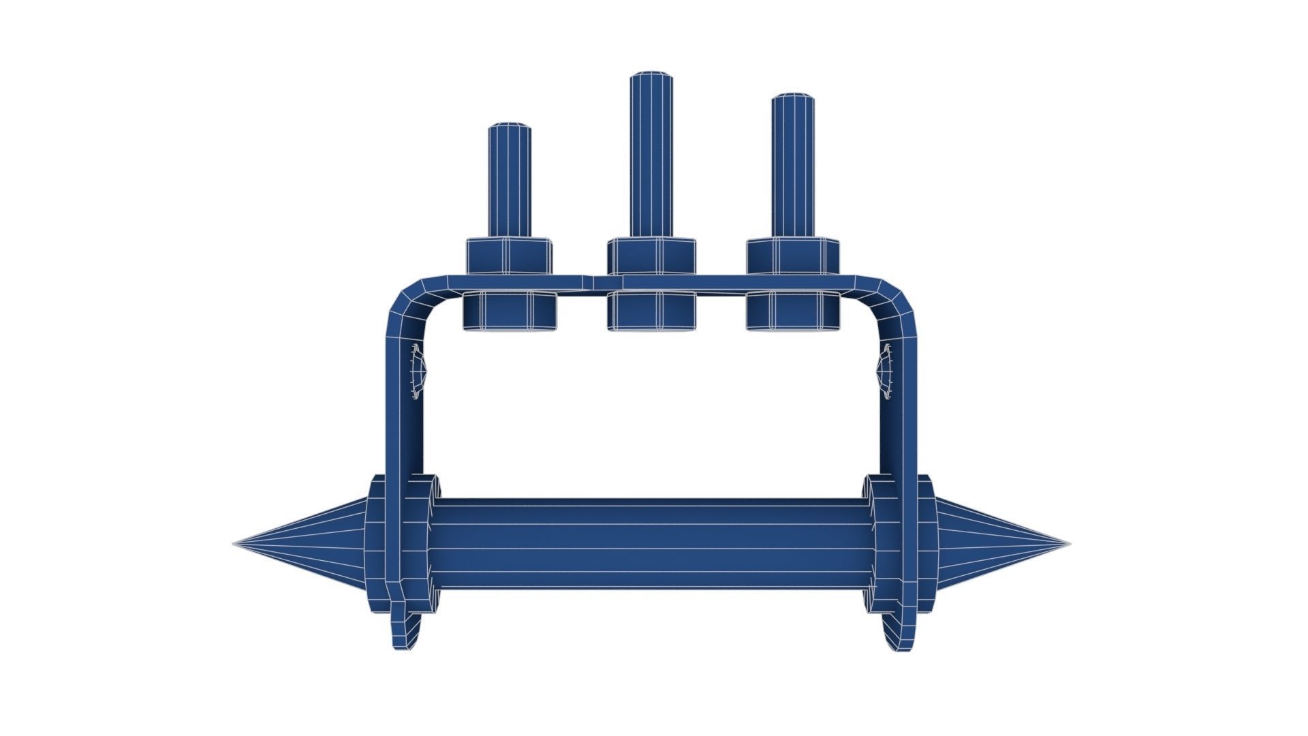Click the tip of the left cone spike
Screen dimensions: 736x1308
(236, 544)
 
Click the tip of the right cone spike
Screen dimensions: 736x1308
(1068, 544)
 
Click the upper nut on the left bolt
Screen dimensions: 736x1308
(509, 257)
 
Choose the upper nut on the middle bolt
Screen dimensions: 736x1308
(651, 257)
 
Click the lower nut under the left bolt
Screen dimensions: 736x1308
(510, 311)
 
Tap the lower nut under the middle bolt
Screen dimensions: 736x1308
(651, 311)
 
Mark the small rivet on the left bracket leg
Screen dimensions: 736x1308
(417, 371)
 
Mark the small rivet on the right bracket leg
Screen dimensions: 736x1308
(886, 371)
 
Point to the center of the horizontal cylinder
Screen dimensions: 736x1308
(651, 544)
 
